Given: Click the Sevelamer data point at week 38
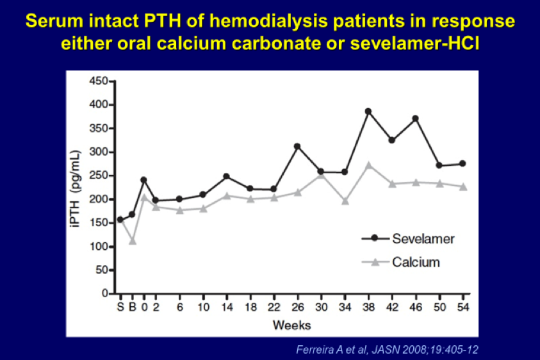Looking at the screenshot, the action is (x=368, y=111).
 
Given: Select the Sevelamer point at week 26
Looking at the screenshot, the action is (x=297, y=147).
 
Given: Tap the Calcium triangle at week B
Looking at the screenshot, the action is (x=133, y=241).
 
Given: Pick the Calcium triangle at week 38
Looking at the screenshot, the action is (x=368, y=165).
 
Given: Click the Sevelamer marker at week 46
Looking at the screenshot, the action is (x=415, y=119).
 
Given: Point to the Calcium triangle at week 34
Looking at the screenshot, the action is (x=345, y=201).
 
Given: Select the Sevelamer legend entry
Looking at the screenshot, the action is (x=408, y=238).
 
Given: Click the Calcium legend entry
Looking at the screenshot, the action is (x=400, y=262).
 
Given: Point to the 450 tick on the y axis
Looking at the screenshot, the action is (x=99, y=81).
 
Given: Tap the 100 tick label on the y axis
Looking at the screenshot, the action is (x=99, y=247).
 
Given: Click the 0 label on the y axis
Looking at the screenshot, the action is (x=105, y=293).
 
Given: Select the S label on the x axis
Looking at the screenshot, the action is (x=120, y=307).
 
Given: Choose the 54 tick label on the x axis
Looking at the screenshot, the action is (x=463, y=307).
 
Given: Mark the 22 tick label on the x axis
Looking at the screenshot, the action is (x=274, y=307).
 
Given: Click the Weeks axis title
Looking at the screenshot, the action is (x=291, y=325).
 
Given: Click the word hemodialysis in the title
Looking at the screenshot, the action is (x=268, y=21).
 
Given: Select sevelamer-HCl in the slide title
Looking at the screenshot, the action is (x=414, y=44).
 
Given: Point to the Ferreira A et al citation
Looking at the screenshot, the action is (x=387, y=350).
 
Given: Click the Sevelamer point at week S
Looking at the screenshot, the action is (x=120, y=220).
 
